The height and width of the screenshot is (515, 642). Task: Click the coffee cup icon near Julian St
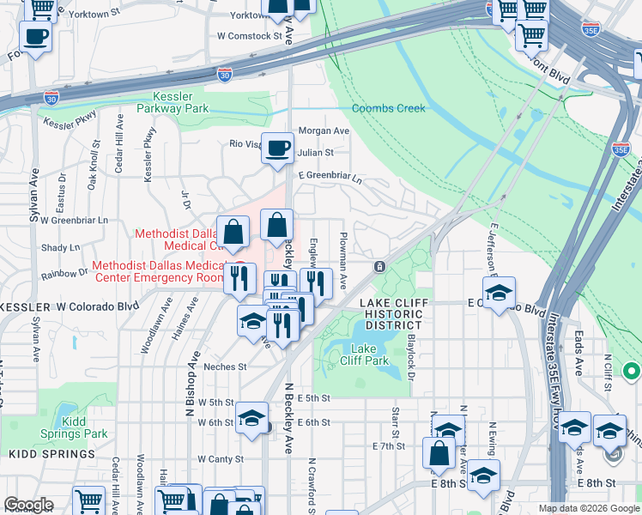(x=277, y=148)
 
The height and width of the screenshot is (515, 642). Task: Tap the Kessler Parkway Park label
(x=180, y=103)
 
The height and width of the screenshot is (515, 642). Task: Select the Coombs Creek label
(x=388, y=108)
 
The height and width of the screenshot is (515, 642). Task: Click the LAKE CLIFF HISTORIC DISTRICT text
(x=391, y=314)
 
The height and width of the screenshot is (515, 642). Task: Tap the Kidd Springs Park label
(x=85, y=427)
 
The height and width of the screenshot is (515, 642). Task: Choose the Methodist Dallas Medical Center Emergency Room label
(x=156, y=270)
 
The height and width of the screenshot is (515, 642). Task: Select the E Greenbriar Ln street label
(x=330, y=178)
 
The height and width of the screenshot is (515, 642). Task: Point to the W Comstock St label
(x=250, y=36)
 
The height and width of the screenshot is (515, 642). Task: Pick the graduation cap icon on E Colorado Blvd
(x=499, y=293)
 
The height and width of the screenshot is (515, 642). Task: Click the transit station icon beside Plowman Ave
(x=379, y=267)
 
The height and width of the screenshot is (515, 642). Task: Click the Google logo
(x=28, y=505)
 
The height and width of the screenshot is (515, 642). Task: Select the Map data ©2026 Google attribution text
(x=588, y=508)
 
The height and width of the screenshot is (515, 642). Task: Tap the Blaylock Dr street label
(x=411, y=359)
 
